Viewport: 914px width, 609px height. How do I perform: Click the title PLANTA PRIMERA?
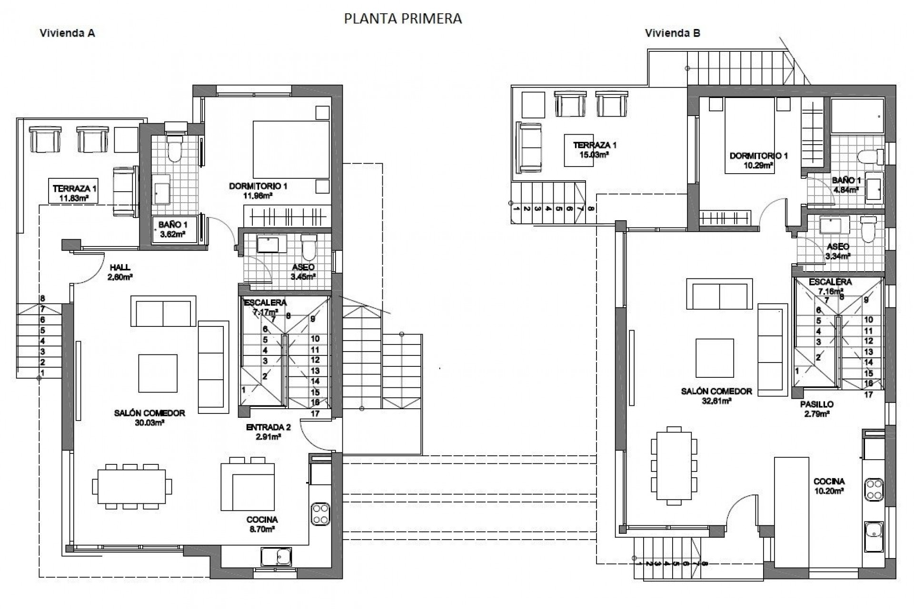[x=403, y=19]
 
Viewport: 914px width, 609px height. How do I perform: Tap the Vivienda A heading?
[x=67, y=33]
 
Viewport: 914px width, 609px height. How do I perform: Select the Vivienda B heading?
[x=672, y=33]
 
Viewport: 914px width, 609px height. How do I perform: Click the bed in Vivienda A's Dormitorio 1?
[x=291, y=150]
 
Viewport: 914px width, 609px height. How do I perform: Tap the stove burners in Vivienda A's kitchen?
[x=320, y=514]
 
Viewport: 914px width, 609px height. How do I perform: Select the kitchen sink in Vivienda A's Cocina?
[x=276, y=556]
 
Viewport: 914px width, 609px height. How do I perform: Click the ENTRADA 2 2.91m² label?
[x=268, y=432]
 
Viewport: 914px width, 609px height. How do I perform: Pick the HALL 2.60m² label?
[x=120, y=272]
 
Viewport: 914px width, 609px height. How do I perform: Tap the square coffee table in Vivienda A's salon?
[x=158, y=373]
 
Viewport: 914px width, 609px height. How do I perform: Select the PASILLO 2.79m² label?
[x=816, y=409]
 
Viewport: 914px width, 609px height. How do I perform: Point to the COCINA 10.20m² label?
[x=829, y=486]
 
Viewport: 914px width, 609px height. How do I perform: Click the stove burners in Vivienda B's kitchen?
[x=874, y=490]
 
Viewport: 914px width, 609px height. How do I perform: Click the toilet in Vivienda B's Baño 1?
[x=868, y=157]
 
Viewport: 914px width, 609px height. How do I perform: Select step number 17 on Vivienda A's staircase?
[x=315, y=413]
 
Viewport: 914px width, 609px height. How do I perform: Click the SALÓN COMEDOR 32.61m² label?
[x=716, y=395]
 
